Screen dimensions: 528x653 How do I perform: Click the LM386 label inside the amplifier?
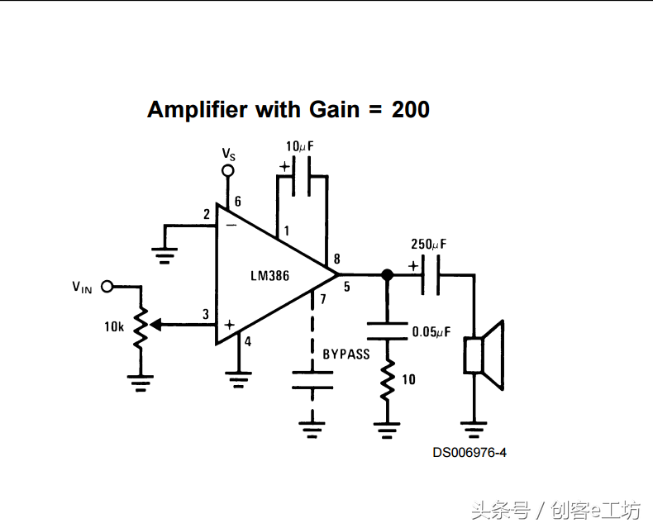[x=270, y=276]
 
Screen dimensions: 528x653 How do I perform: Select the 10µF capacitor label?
[x=300, y=146]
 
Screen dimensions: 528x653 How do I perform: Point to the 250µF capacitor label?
[x=428, y=245]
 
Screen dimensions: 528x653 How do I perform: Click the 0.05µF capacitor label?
[x=431, y=332]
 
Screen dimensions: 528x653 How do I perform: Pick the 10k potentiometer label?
[x=114, y=326]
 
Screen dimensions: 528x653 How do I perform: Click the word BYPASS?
[x=346, y=354]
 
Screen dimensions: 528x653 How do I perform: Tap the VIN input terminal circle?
[x=107, y=287]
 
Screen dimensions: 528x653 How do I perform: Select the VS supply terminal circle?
[x=228, y=171]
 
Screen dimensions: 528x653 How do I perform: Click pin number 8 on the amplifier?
[x=336, y=259]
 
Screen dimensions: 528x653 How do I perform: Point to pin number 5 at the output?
[x=346, y=287]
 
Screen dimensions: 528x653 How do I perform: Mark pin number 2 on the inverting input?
[x=207, y=216]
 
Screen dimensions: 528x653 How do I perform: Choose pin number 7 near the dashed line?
[x=323, y=299]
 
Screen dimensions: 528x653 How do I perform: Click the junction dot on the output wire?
[x=386, y=274]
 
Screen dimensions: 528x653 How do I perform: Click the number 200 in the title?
[x=411, y=109]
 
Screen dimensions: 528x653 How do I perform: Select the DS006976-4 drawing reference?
[x=469, y=453]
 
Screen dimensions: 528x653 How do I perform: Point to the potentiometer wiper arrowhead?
[x=156, y=325]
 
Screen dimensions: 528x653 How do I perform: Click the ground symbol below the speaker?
[x=474, y=429]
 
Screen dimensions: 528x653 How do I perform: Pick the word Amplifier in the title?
[x=198, y=109]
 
